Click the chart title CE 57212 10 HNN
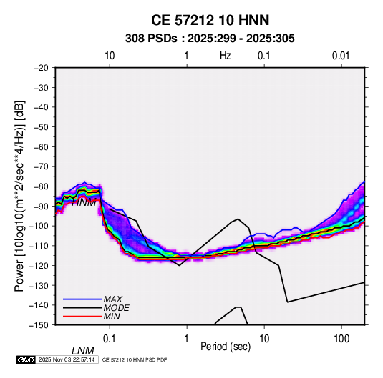[210, 20]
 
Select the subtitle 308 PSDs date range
[210, 39]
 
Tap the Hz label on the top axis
[226, 56]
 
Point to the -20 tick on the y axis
[41, 68]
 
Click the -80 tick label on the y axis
[41, 186]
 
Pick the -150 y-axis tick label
[39, 325]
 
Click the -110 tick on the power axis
[39, 246]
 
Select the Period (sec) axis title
[226, 347]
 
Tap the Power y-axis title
[19, 197]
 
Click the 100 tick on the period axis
[341, 339]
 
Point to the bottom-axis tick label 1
[187, 339]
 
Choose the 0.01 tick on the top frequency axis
[341, 56]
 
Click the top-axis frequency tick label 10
[110, 56]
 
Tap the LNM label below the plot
[82, 351]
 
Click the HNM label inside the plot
[84, 202]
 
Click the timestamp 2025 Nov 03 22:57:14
[67, 359]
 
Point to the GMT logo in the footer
[26, 359]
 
